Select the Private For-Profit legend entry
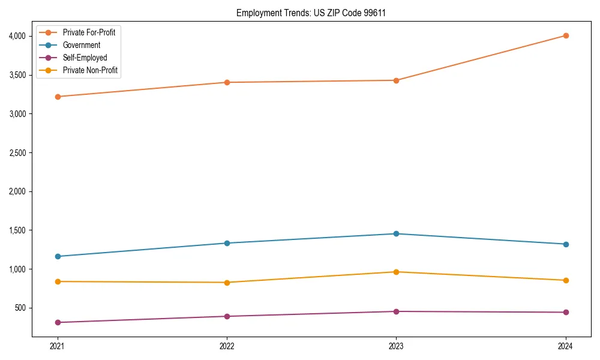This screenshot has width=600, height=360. pos(89,32)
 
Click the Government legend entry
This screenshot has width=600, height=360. pos(81,45)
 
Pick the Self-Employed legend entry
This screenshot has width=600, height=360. pos(85,58)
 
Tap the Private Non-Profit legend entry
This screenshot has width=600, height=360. pos(90,70)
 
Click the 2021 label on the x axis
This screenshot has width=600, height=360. pos(58,346)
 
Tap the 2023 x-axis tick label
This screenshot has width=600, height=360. pos(396,346)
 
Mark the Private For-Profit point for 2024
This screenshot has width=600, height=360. pos(566,35)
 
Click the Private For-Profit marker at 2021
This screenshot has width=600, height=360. pos(58,97)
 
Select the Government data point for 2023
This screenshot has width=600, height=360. pos(396,233)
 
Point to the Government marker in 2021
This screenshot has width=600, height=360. pos(58,256)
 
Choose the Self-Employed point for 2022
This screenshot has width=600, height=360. pos(227,316)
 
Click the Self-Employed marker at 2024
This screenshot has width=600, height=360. pos(566,312)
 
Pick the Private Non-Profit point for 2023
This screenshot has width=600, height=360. pos(396,272)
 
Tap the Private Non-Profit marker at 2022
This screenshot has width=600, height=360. pos(227,283)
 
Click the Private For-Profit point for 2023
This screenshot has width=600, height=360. pos(396,80)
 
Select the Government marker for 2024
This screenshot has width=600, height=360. pos(566,244)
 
